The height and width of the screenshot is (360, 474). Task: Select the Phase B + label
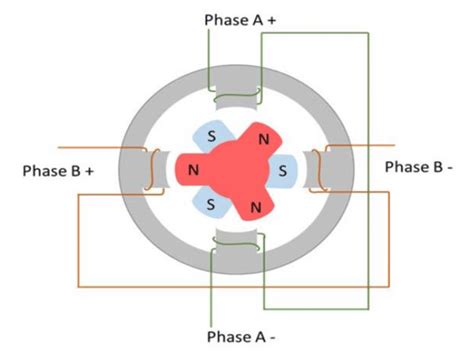pyautogui.click(x=58, y=171)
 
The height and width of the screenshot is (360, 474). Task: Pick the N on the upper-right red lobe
pyautogui.click(x=262, y=139)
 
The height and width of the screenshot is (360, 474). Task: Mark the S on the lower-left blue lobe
pyautogui.click(x=210, y=204)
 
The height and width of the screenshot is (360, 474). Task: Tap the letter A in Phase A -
pyautogui.click(x=258, y=336)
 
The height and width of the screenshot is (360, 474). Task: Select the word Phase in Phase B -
pyautogui.click(x=403, y=166)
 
